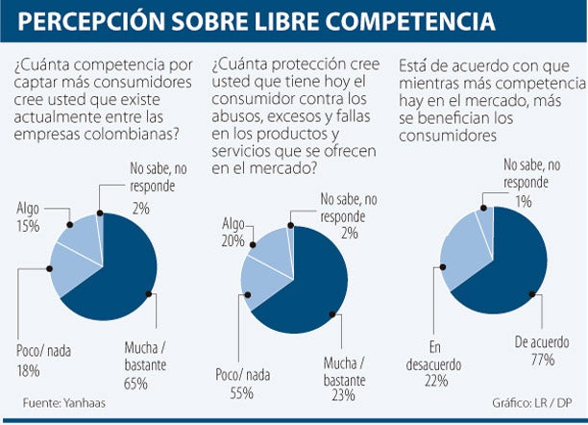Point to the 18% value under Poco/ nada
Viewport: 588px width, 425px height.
point(29,370)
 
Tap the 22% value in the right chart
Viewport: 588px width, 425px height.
point(437,380)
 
